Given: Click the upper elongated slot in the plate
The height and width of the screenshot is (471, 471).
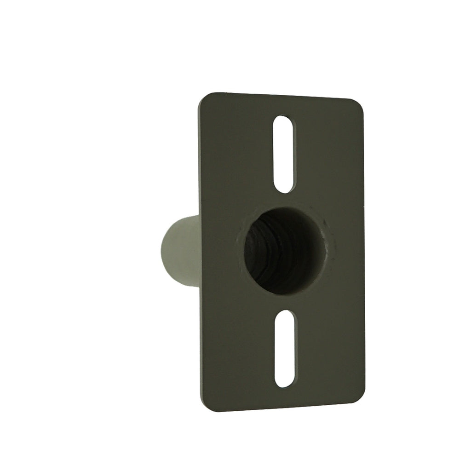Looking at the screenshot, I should [283, 154].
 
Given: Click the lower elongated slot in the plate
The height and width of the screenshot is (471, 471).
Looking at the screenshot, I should [285, 348].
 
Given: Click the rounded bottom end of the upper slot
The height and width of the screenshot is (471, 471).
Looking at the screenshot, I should [284, 188].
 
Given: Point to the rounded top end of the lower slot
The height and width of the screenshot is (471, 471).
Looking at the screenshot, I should [285, 314].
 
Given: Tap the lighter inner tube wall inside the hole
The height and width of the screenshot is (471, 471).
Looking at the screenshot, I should [313, 267].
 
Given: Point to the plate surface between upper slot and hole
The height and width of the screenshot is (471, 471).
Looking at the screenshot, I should [284, 200].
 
